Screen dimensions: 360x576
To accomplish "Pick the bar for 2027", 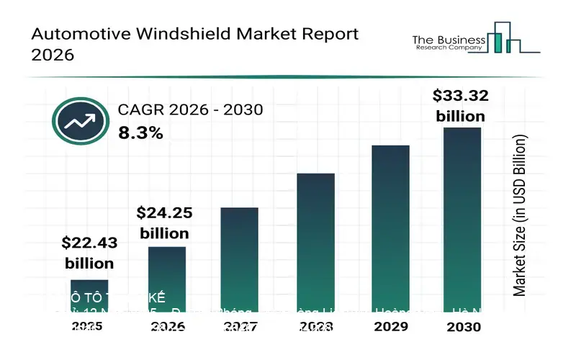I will pyautogui.click(x=239, y=259).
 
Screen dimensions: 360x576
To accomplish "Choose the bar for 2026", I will pyautogui.click(x=167, y=278).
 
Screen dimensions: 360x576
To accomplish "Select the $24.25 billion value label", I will pyautogui.click(x=164, y=222).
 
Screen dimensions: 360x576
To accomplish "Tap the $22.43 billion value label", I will pyautogui.click(x=89, y=253).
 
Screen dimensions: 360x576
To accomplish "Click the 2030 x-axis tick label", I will pyautogui.click(x=462, y=327).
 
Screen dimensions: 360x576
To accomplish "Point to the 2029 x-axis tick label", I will pyautogui.click(x=390, y=327).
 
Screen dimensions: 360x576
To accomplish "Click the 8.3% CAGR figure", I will pyautogui.click(x=140, y=132).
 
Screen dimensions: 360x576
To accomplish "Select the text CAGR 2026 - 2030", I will pyautogui.click(x=190, y=110).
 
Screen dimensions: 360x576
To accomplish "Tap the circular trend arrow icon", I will pyautogui.click(x=81, y=121).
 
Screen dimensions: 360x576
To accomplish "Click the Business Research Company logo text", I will pyautogui.click(x=447, y=43).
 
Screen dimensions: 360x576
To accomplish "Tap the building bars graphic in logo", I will pyautogui.click(x=508, y=37).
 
